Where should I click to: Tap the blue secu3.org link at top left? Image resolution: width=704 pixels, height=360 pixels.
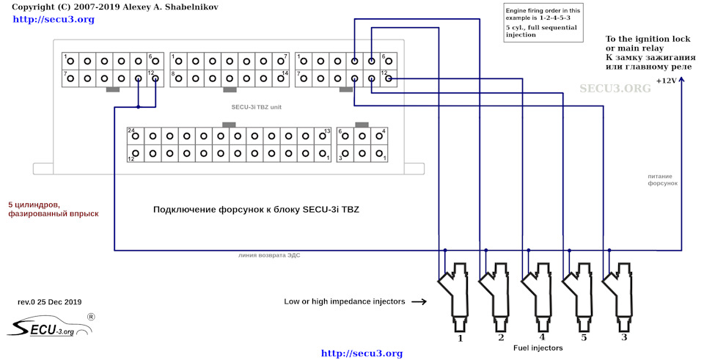(54, 19)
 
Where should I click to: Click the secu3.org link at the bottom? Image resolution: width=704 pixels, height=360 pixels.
(362, 353)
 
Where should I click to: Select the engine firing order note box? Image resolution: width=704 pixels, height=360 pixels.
(541, 23)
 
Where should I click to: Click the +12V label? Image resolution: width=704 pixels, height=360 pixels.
(666, 81)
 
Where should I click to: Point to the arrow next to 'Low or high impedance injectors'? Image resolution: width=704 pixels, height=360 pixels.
(419, 301)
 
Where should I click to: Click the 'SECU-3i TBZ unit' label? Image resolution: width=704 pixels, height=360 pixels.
(252, 106)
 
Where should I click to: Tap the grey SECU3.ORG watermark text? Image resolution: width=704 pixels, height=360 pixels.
(615, 88)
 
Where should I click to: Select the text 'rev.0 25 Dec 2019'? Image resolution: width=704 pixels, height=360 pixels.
(49, 302)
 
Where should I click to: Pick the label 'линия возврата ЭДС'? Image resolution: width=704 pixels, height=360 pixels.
(269, 255)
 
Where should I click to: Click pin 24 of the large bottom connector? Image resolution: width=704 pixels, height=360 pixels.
(135, 136)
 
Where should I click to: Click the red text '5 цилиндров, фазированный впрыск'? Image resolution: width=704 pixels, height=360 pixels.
(53, 209)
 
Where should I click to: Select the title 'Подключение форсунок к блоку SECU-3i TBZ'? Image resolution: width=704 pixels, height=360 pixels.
(256, 210)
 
